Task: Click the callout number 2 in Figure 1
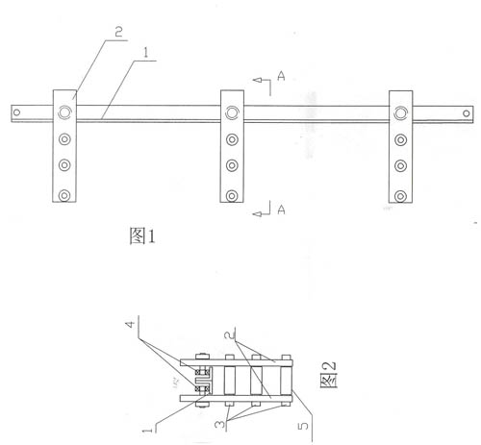118,32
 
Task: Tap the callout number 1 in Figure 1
146,53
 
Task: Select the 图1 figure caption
142,235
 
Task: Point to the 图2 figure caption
328,375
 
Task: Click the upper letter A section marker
281,76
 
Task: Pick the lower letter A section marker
281,210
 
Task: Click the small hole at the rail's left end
16,112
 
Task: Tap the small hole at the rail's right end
467,113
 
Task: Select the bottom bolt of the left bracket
64,195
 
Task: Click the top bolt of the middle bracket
232,112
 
